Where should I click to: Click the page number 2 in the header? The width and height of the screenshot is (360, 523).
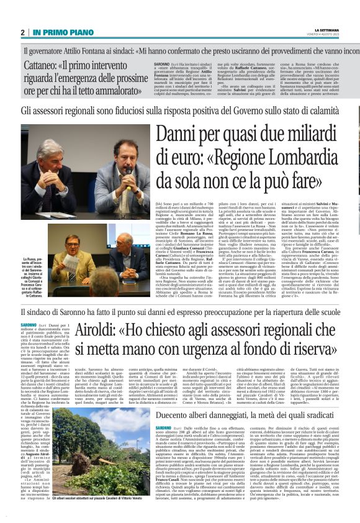pyautogui.click(x=22, y=32)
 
